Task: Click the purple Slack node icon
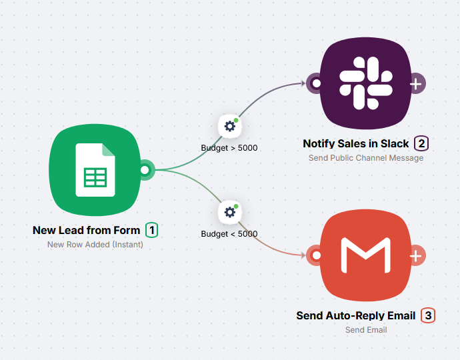365,83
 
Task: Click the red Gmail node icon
365,255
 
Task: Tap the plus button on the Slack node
416,84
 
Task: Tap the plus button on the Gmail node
416,255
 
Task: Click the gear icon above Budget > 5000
230,125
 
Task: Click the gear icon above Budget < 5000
230,212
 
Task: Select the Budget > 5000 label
229,147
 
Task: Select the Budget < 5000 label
229,234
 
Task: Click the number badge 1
152,231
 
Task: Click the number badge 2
421,143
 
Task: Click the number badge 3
428,315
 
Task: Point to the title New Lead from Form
87,231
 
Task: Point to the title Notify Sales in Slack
356,143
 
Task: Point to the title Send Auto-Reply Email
356,315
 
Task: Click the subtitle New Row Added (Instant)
95,245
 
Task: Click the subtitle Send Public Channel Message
366,158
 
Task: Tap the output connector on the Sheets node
145,170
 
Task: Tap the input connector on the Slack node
316,84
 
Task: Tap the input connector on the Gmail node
316,255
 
